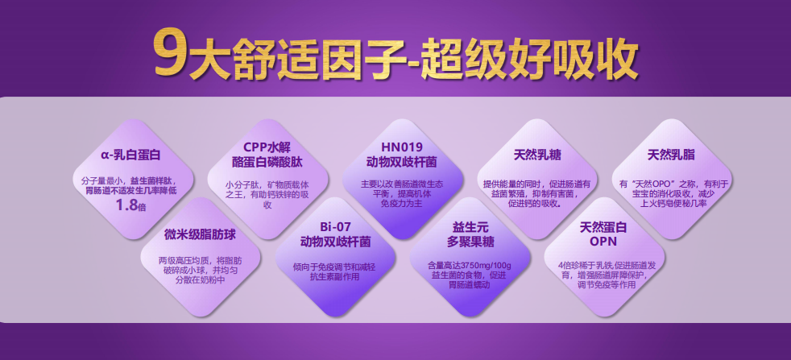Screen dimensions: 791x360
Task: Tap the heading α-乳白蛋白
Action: point(130,155)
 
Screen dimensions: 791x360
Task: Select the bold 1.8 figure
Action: point(126,205)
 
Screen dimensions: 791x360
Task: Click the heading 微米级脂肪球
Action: point(200,234)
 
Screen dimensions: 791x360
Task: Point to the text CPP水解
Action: point(267,147)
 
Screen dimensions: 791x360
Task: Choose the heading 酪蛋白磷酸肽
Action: point(267,163)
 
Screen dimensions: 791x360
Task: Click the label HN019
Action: point(402,147)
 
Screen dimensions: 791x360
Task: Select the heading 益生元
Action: point(470,226)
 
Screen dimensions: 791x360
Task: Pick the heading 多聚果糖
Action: point(470,242)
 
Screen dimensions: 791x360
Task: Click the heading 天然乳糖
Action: point(537,155)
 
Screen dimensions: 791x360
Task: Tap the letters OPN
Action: point(603,242)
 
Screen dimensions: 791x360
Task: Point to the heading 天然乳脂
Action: point(671,155)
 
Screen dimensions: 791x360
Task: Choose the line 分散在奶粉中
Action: point(200,281)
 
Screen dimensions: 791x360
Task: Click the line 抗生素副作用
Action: point(335,276)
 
